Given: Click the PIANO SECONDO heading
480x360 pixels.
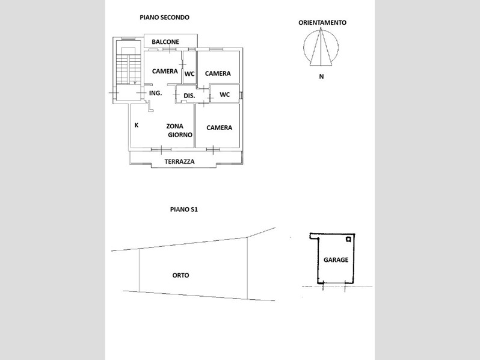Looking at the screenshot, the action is pyautogui.click(x=164, y=17).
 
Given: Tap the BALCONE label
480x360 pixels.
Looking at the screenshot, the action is pyautogui.click(x=165, y=42).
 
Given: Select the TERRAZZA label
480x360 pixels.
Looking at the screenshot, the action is pyautogui.click(x=179, y=161).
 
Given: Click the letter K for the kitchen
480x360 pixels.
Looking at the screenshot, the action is pyautogui.click(x=137, y=125).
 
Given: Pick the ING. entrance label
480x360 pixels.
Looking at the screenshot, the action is pyautogui.click(x=156, y=93).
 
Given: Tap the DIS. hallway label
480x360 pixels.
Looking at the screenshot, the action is pyautogui.click(x=189, y=96).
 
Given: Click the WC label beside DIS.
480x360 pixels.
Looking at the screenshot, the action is pyautogui.click(x=225, y=95).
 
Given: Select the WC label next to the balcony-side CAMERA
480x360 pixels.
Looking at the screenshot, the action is pyautogui.click(x=189, y=74).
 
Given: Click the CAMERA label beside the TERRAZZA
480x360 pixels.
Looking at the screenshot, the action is pyautogui.click(x=219, y=128).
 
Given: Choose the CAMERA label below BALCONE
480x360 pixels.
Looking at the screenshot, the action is pyautogui.click(x=165, y=71).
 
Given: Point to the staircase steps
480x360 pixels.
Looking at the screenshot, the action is pyautogui.click(x=128, y=69).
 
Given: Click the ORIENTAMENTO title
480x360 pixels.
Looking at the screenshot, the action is pyautogui.click(x=322, y=23).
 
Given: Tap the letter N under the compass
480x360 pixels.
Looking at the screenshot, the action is pyautogui.click(x=321, y=76).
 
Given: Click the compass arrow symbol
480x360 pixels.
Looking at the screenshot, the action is pyautogui.click(x=321, y=47).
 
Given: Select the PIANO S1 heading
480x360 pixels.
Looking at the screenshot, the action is pyautogui.click(x=184, y=209).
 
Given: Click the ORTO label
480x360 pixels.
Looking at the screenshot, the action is pyautogui.click(x=180, y=275).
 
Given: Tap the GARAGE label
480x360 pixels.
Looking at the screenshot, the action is pyautogui.click(x=336, y=260).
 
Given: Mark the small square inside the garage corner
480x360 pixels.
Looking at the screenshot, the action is pyautogui.click(x=348, y=239).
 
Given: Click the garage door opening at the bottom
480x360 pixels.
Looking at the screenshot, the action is pyautogui.click(x=334, y=283).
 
